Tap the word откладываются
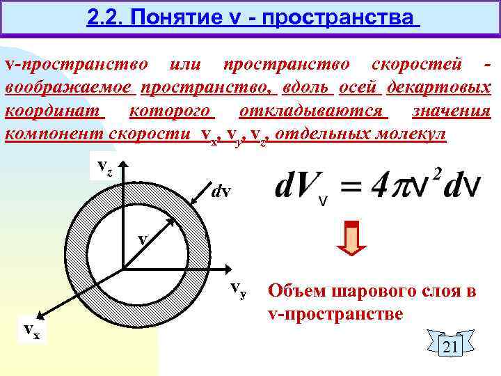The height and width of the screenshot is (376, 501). point(313,111)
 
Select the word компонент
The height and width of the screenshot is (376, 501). point(54,134)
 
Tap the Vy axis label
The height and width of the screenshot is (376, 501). point(239,290)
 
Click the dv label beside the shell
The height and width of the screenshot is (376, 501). point(221,189)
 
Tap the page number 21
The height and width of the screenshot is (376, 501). point(450,347)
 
